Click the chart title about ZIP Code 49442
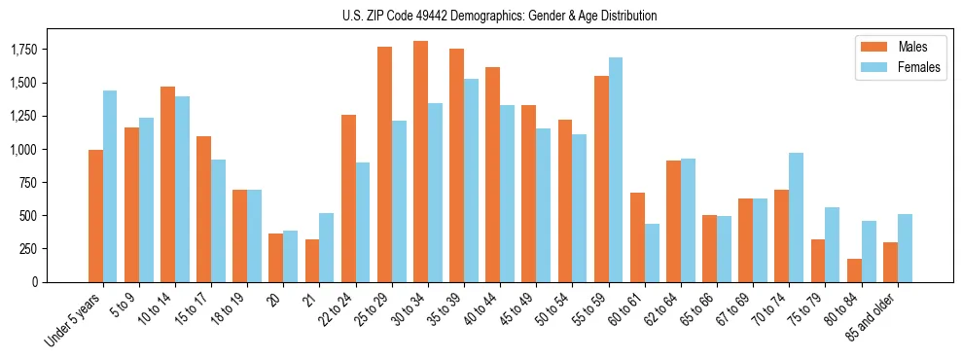point(500,16)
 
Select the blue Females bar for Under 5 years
point(110,186)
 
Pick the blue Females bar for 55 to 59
point(616,170)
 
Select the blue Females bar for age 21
point(327,247)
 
